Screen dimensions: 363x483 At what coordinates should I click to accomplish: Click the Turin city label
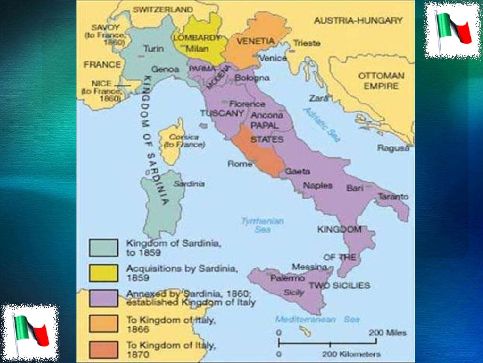click(153, 49)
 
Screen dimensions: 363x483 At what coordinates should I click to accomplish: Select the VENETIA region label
click(255, 41)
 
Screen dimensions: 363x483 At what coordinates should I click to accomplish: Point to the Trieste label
click(307, 43)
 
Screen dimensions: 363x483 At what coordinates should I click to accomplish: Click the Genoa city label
click(165, 69)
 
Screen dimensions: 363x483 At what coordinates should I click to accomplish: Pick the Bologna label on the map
click(252, 78)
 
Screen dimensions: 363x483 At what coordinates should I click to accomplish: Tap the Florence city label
click(247, 104)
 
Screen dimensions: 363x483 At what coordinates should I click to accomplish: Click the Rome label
click(240, 164)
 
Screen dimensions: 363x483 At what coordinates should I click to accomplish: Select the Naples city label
click(317, 185)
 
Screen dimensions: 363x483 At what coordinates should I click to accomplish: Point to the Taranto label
click(393, 196)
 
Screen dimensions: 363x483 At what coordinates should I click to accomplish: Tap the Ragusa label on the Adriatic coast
click(393, 148)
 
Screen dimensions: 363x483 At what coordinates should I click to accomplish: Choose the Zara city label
click(318, 98)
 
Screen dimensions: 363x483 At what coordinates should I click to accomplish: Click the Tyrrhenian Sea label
click(262, 225)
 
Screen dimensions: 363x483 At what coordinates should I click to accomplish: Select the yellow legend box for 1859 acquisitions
click(103, 273)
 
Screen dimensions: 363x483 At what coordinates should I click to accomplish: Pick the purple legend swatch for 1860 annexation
click(103, 298)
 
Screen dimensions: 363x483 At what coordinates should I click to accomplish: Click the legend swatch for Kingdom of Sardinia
click(103, 247)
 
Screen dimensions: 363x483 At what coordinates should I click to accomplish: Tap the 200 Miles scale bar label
click(387, 333)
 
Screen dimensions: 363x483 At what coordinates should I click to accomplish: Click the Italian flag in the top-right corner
click(453, 29)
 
